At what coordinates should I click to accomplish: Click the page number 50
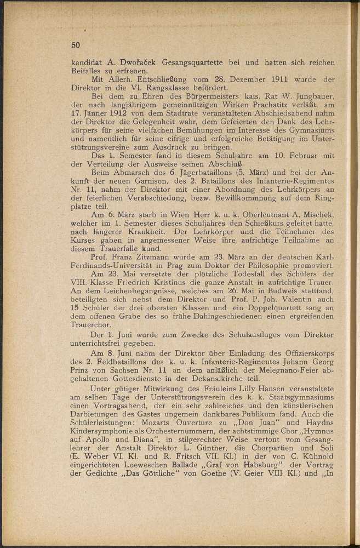[76, 45]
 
